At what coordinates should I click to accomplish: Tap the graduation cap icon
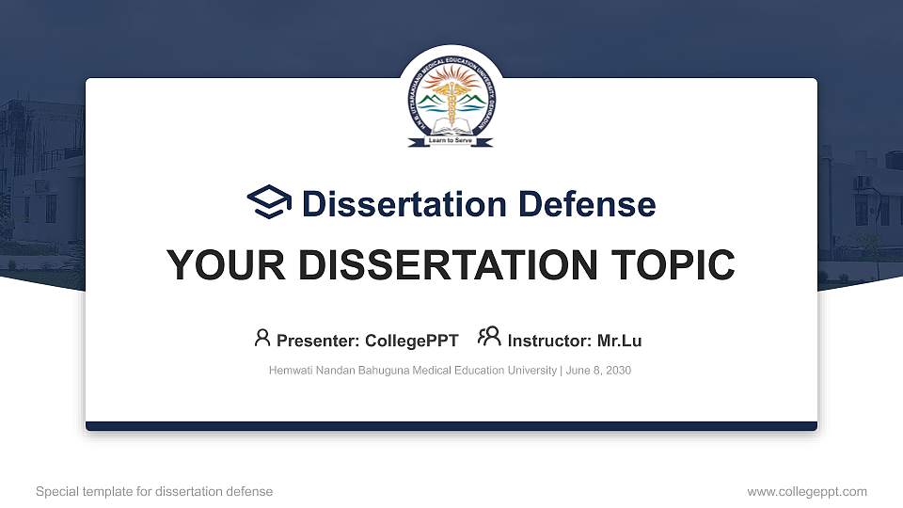[x=269, y=202]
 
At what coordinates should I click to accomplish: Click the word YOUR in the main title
[x=218, y=265]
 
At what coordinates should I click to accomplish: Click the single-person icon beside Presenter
[x=262, y=339]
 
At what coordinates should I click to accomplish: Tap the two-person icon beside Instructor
[x=489, y=339]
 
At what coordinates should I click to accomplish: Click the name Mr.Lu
[x=619, y=341]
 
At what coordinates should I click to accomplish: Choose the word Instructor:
[x=549, y=341]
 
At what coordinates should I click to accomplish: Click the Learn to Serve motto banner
[x=451, y=141]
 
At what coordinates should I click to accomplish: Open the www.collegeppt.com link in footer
[x=806, y=491]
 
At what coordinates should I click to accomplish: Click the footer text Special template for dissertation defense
[x=154, y=491]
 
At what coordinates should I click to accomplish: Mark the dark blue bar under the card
[x=451, y=426]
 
